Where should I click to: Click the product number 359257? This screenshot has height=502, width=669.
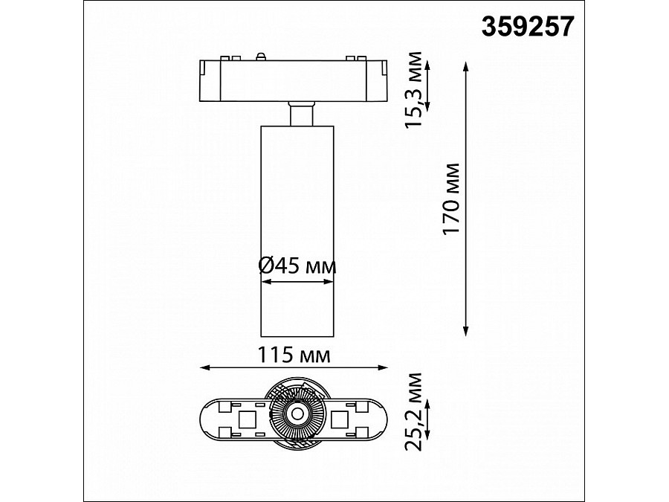coord(528,27)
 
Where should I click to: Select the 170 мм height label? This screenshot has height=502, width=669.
coord(452,199)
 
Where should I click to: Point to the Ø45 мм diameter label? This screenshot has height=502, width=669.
coord(297,266)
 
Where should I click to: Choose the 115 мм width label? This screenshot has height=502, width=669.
coord(294,355)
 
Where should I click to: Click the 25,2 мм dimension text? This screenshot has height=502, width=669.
coord(413,411)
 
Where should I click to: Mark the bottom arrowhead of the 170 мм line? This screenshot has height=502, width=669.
coord(466,331)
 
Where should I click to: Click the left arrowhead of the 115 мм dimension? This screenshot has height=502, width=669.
coord(206,367)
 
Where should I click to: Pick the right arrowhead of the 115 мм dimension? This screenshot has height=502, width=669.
coord(382,367)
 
